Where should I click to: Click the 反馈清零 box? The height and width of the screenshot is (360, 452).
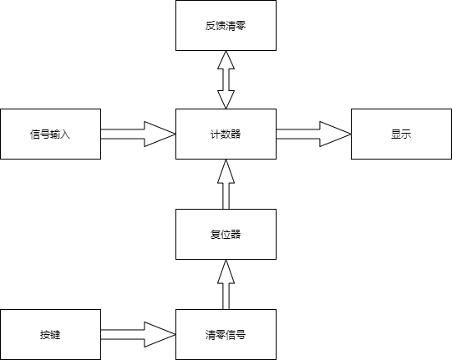click(225, 26)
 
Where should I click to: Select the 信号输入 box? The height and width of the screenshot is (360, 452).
click(49, 134)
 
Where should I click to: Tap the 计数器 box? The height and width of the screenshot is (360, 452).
click(225, 134)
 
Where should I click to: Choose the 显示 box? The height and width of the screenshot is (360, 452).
click(400, 134)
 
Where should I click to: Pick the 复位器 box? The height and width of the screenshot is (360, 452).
click(225, 234)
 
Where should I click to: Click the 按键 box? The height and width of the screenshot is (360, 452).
click(49, 334)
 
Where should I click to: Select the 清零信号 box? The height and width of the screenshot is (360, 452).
click(225, 334)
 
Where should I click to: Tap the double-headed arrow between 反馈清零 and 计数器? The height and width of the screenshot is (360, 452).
click(225, 79)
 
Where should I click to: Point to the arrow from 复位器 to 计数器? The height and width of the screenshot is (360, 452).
click(225, 184)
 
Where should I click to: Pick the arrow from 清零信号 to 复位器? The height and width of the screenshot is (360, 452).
click(225, 284)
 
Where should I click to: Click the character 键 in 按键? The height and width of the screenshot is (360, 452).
click(55, 335)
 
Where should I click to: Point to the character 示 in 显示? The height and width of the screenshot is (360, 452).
click(406, 134)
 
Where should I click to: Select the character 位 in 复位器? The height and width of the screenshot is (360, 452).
click(225, 235)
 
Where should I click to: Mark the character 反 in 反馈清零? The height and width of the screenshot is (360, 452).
click(210, 26)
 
